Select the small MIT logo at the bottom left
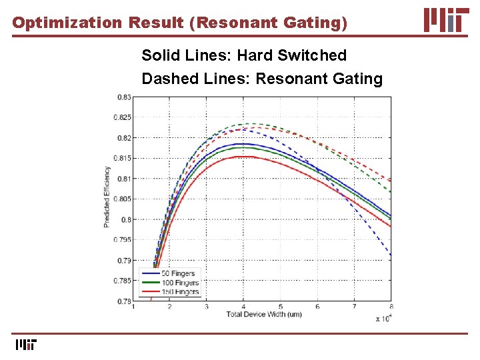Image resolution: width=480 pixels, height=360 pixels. [x=26, y=345]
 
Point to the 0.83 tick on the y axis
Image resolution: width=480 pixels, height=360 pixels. [x=124, y=97]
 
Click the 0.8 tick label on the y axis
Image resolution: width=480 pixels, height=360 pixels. [x=126, y=219]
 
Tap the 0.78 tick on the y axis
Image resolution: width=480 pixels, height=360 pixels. [x=124, y=301]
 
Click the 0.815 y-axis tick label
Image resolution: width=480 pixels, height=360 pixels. [x=123, y=158]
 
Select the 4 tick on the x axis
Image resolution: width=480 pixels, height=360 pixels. [x=243, y=307]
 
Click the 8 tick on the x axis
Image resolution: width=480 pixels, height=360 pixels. [x=391, y=307]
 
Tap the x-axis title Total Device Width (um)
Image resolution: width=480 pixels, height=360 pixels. [x=263, y=314]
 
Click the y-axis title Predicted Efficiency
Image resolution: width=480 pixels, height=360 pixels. [x=107, y=197]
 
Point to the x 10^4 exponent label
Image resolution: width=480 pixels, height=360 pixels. [x=383, y=319]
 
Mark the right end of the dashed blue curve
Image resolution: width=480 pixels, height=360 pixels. [x=391, y=257]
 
